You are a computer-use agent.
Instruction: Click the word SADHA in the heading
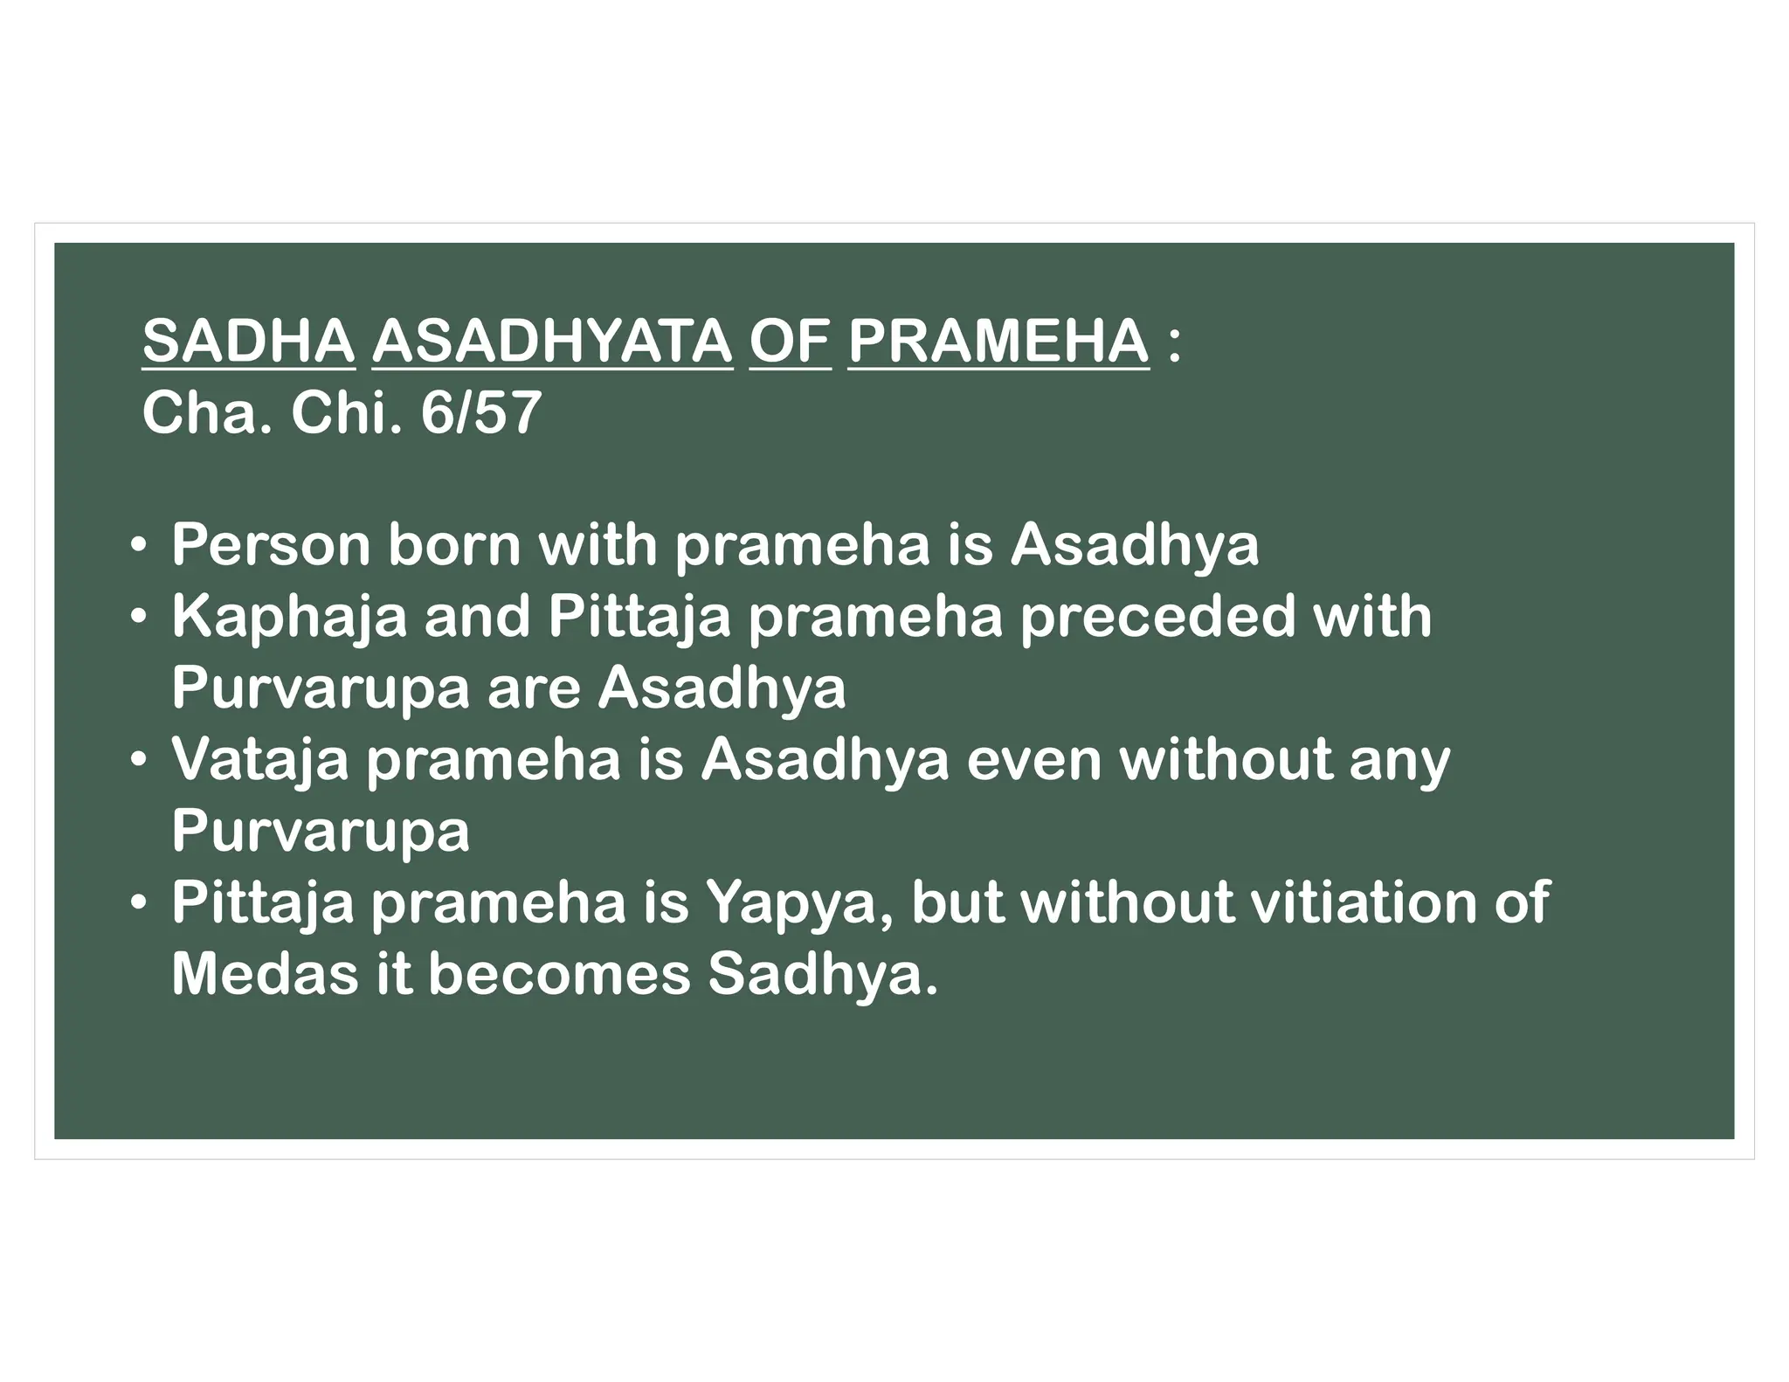coord(248,342)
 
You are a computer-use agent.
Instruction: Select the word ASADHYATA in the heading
coord(552,342)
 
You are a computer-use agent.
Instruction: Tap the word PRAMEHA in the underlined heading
coord(998,342)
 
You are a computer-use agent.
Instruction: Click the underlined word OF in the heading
coord(790,342)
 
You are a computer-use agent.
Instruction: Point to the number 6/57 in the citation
coord(480,413)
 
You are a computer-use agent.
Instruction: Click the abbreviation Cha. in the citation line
coord(206,413)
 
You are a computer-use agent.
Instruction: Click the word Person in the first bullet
coord(271,545)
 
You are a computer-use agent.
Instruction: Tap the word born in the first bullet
coord(453,545)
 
